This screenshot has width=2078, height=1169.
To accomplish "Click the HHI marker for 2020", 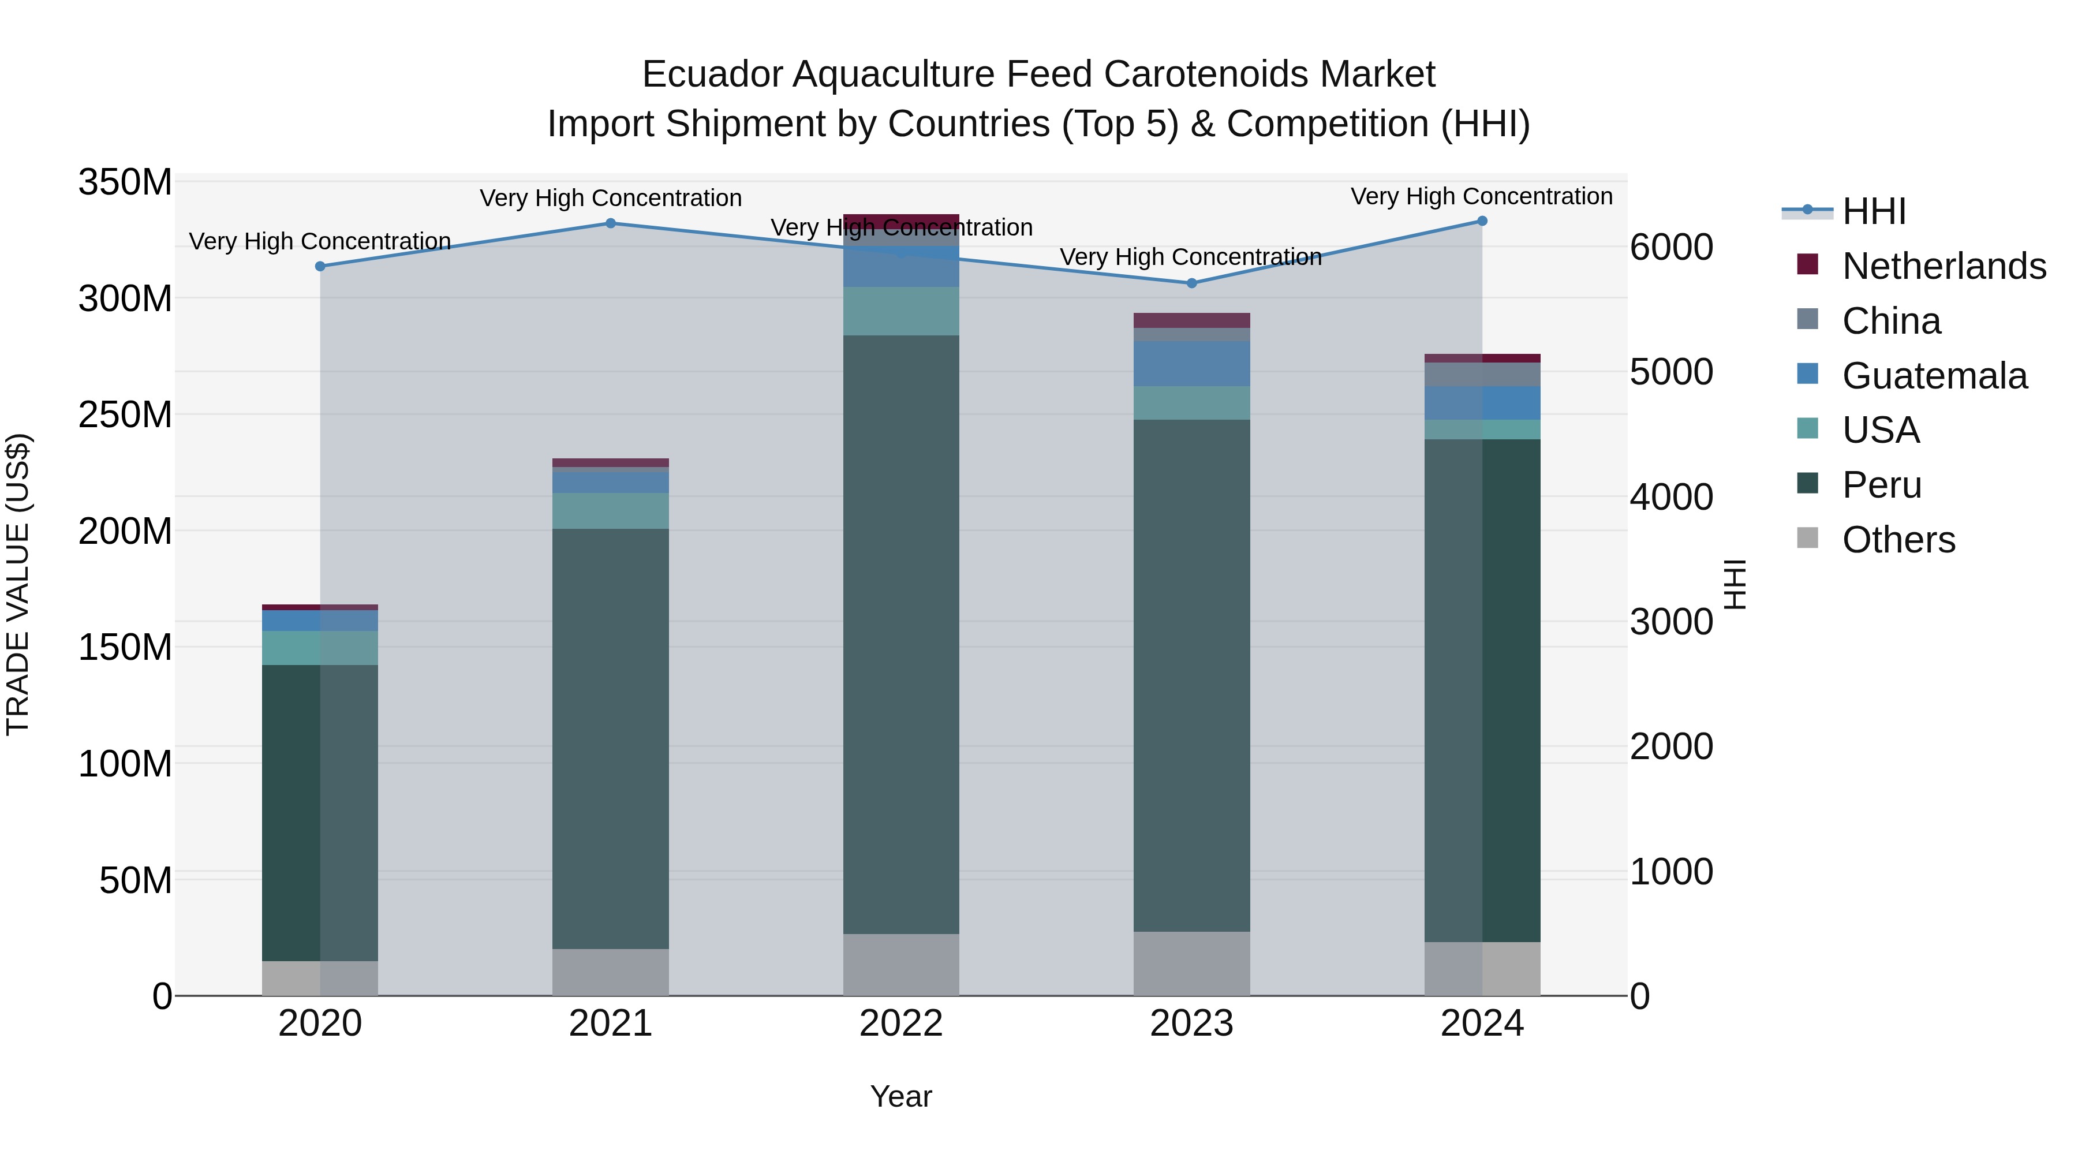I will tap(320, 266).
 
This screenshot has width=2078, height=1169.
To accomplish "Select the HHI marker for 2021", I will tap(611, 223).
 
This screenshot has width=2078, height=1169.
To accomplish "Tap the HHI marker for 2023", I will tap(1191, 283).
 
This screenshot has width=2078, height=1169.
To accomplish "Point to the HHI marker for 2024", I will tap(1482, 221).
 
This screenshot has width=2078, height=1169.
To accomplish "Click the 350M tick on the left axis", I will tap(125, 182).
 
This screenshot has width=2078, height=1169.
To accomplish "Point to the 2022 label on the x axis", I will tap(901, 1024).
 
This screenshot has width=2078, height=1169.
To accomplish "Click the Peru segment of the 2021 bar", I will tap(611, 738).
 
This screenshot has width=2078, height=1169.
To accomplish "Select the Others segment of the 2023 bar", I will tap(1191, 963).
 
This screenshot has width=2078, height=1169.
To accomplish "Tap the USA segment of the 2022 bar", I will tap(901, 311).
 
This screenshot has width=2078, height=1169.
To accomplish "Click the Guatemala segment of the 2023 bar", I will tap(1191, 364).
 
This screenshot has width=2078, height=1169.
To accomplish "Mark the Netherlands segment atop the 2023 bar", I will tap(1191, 320).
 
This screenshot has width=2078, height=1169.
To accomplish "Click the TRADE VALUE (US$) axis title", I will tap(18, 584).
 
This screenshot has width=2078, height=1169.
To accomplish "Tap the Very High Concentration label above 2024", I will tap(1482, 196).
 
